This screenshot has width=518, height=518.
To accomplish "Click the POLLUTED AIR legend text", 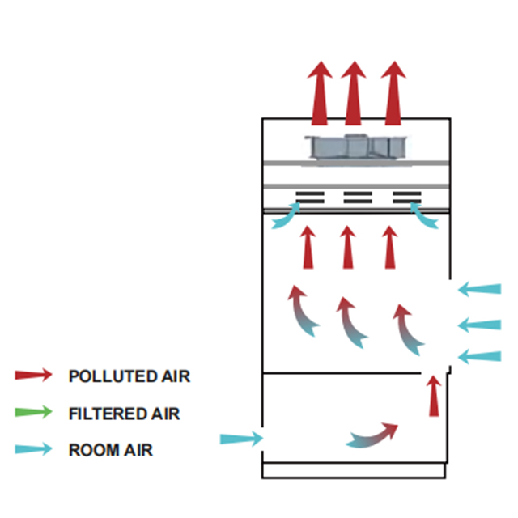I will point(129,376).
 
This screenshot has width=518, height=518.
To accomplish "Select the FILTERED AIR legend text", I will point(124,414).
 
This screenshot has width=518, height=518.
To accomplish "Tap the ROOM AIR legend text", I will point(110,450).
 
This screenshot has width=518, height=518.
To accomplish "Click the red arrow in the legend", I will point(34,376).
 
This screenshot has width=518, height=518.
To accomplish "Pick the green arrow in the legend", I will point(34,413).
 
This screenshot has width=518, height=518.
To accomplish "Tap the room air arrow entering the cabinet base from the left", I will point(241,439).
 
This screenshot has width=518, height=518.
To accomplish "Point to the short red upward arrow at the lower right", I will point(435,395).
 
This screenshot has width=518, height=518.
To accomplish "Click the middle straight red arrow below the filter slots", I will point(348,247).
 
